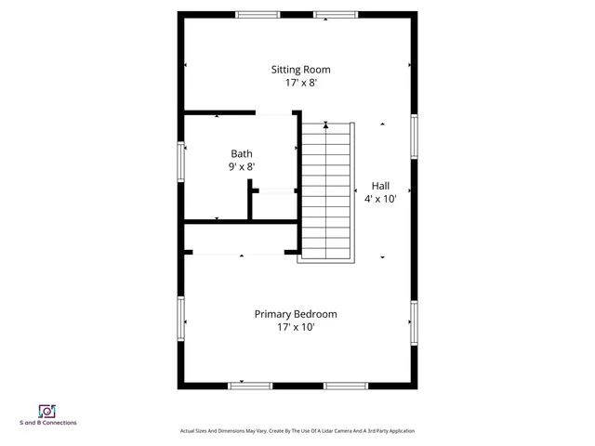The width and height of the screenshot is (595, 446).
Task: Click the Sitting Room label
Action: click(300, 70)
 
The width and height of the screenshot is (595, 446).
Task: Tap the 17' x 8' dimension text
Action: click(300, 83)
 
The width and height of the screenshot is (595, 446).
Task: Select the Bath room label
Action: click(242, 154)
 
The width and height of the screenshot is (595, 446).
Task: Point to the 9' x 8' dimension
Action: click(242, 167)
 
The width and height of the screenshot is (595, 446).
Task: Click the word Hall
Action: click(381, 185)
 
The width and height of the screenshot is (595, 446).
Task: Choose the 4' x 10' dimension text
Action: click(381, 198)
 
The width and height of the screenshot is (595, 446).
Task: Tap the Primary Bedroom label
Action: click(296, 314)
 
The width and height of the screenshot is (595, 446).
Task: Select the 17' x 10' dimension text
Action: click(296, 327)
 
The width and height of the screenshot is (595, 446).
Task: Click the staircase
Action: click(326, 192)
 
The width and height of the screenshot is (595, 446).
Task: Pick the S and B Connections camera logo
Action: click(47, 411)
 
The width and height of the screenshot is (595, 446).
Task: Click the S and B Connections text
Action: click(48, 423)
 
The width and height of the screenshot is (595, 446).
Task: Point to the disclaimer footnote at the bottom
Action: click(297, 431)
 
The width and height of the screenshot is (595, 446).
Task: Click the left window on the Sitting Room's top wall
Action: click(258, 14)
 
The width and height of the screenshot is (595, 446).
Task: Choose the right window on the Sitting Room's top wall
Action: click(335, 14)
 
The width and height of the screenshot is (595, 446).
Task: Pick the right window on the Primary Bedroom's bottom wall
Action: click(345, 386)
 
